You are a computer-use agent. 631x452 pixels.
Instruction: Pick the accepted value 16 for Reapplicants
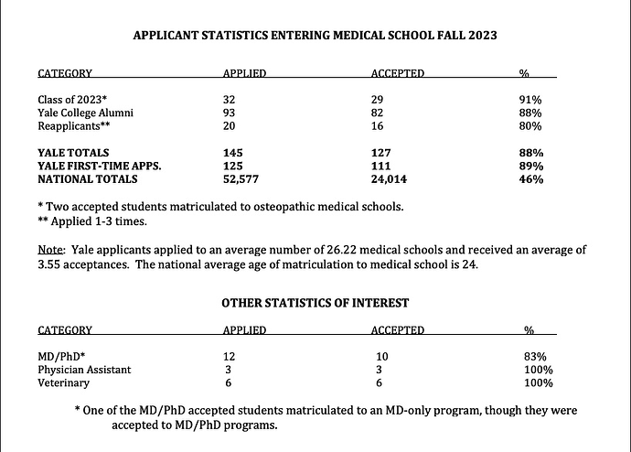coord(378,125)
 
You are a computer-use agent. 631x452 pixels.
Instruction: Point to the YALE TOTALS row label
coord(73,152)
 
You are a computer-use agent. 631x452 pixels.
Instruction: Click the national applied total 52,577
coord(242,180)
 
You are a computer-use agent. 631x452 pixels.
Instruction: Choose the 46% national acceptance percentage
coord(531,180)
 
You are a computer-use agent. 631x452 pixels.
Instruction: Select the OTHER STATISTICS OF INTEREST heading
coord(315,302)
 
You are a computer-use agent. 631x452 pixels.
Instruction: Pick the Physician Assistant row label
coord(84,369)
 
